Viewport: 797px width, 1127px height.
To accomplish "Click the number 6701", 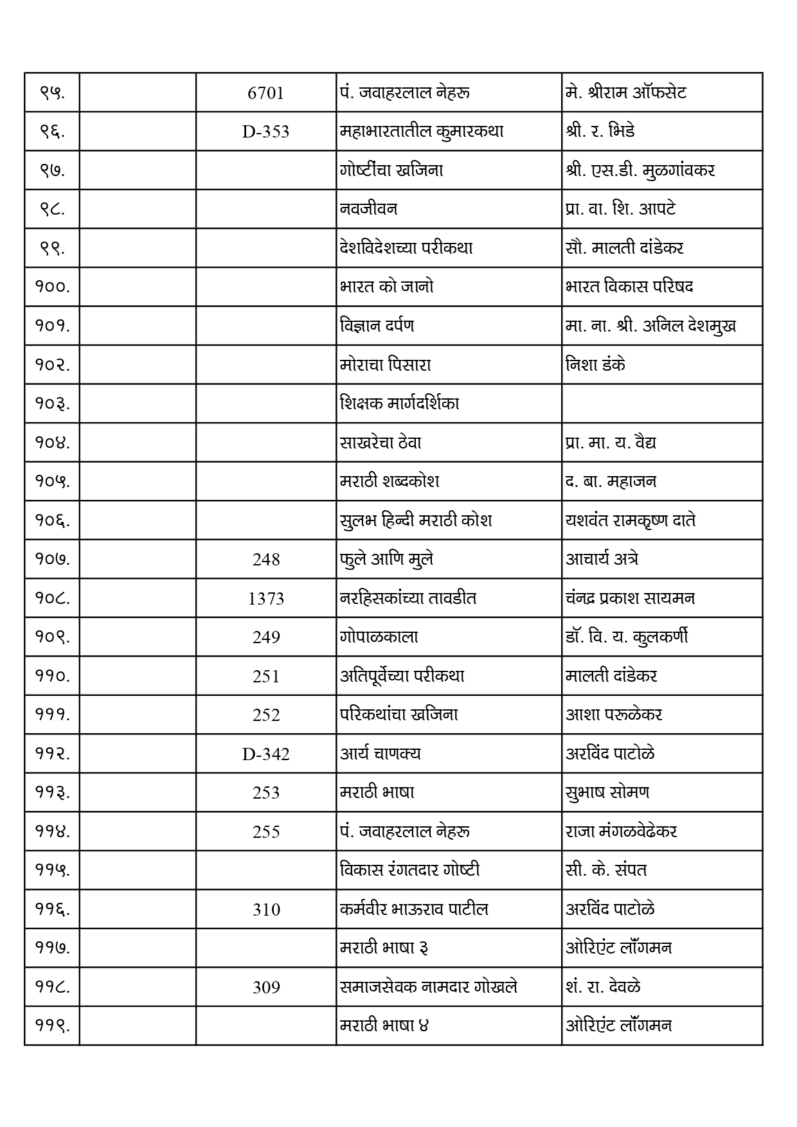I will point(265,93).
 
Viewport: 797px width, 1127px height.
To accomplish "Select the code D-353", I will point(265,132).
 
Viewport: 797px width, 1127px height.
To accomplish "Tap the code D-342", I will point(265,754).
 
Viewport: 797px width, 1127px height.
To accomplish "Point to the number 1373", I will point(265,599).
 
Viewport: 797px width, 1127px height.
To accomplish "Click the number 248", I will point(265,560).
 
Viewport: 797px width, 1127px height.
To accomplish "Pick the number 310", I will point(265,909).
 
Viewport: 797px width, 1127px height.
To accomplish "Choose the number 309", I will point(265,987).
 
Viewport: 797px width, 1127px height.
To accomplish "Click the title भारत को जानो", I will point(387,287).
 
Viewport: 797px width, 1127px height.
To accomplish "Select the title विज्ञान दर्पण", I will point(377,326).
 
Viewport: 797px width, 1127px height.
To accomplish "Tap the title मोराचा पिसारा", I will point(386,365).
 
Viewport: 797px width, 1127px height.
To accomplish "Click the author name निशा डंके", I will point(595,365).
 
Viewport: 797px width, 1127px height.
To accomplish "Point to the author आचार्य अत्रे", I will point(602,559).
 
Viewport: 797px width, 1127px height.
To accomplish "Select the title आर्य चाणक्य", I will point(381,753).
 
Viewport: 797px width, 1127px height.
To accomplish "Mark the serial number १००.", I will point(52,287).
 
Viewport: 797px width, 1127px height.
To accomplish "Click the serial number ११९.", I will point(52,1025).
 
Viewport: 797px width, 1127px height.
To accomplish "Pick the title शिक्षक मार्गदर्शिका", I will point(400,404).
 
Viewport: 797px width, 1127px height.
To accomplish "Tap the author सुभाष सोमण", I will point(607,792).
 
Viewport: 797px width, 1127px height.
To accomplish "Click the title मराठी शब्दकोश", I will point(390,481).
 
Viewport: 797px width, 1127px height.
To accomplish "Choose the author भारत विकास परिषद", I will point(629,287).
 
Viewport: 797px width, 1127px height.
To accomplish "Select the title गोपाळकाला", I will point(379,637).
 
